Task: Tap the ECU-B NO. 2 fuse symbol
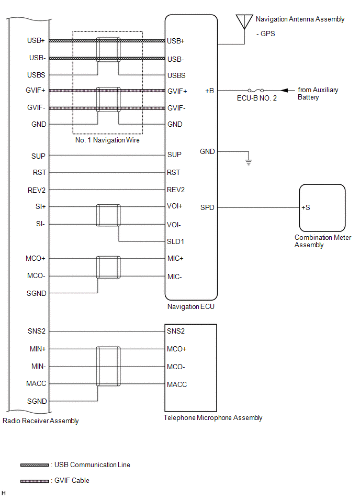point(255,91)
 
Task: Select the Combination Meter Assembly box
point(321,207)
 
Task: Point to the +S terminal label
point(306,207)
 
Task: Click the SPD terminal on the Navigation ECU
point(207,207)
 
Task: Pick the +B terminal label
point(209,91)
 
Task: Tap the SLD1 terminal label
point(175,242)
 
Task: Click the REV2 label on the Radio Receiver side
point(37,190)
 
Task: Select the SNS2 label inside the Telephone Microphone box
point(175,331)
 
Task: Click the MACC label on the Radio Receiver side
point(36,384)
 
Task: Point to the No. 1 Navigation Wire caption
point(107,140)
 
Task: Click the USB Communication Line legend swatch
point(35,465)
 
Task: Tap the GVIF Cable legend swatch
point(35,481)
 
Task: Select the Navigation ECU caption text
point(190,307)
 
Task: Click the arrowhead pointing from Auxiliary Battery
point(285,91)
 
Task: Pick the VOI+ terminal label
point(175,206)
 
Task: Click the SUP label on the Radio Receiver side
point(39,156)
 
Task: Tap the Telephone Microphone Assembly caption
point(213,418)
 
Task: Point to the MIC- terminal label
point(175,277)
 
